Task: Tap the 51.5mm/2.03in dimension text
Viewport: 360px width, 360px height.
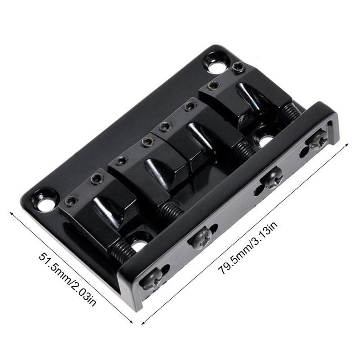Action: tap(67, 279)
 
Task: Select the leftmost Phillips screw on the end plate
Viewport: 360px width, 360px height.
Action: tap(149, 281)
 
